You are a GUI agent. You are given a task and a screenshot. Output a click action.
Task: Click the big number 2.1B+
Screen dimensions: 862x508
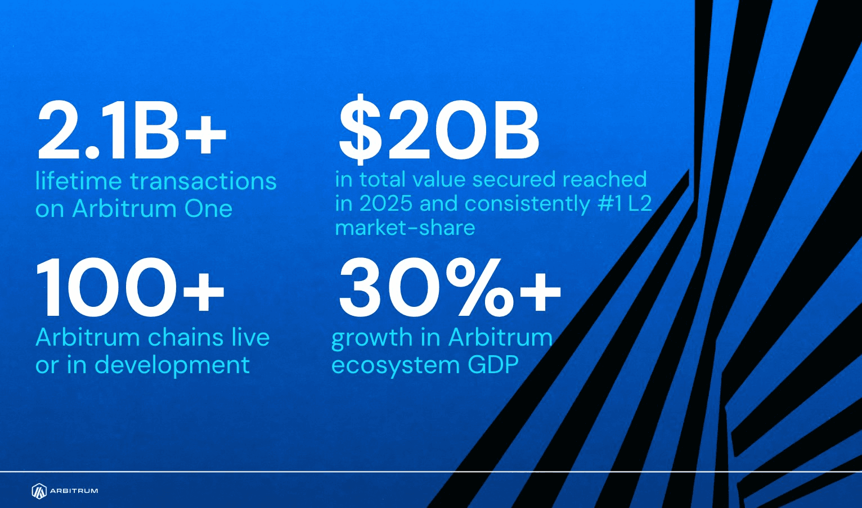132,130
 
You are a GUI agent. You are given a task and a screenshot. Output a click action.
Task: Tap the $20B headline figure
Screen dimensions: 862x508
439,129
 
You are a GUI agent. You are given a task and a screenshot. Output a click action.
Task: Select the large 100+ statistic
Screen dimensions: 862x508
129,287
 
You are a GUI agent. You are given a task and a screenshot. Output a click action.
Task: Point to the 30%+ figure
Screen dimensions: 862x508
450,287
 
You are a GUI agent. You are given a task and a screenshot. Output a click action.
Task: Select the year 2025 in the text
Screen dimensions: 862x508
385,203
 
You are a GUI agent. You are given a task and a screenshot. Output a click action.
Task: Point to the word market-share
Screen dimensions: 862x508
405,228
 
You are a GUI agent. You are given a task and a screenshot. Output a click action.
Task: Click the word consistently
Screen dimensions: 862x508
527,204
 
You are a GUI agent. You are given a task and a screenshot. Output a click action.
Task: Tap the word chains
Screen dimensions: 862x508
186,337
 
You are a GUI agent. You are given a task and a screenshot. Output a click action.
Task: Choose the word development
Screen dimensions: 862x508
172,365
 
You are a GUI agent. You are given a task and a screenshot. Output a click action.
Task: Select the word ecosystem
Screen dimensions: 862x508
395,365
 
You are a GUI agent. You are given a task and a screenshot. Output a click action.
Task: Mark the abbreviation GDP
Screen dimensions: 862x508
493,364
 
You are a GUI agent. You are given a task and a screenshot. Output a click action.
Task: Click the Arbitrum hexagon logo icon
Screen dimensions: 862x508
39,491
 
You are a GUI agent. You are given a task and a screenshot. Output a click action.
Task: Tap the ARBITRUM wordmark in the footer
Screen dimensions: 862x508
74,491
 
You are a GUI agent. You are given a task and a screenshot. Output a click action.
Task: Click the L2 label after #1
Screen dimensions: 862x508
640,203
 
